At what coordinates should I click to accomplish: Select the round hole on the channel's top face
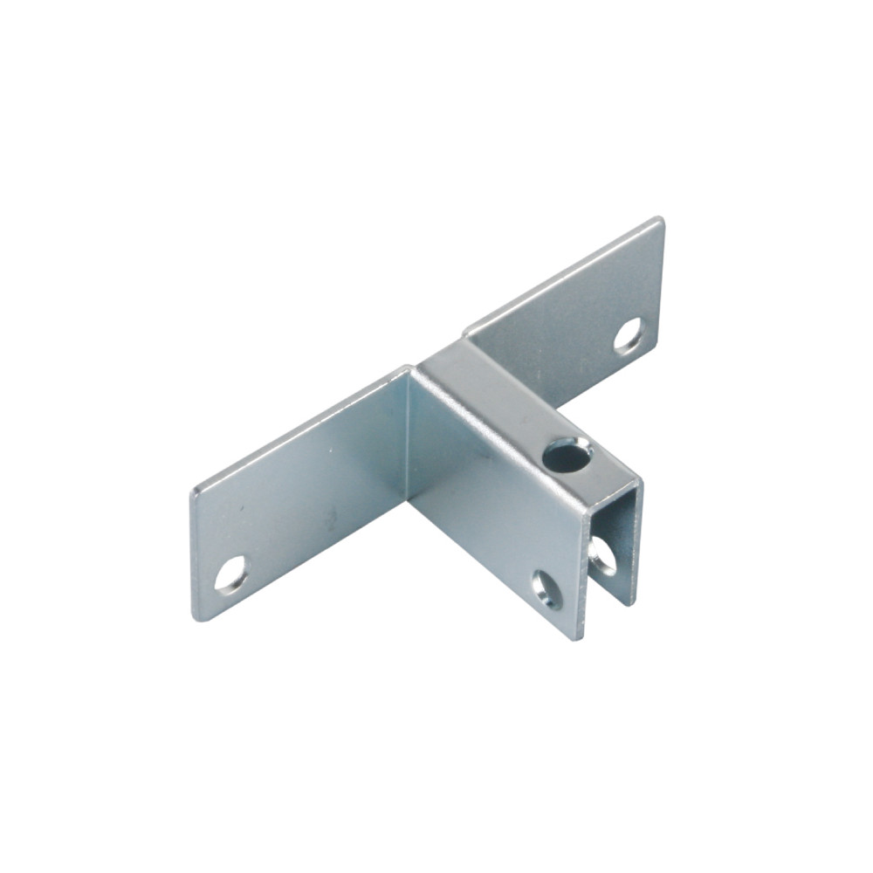click(x=566, y=455)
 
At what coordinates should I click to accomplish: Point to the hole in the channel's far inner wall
click(x=602, y=555)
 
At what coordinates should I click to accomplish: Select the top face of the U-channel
click(x=515, y=410)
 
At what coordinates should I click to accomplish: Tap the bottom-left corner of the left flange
click(x=199, y=617)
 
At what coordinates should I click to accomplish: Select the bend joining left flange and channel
click(x=409, y=436)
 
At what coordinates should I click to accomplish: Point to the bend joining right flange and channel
click(x=468, y=336)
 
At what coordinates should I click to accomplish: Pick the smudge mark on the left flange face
click(x=331, y=521)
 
